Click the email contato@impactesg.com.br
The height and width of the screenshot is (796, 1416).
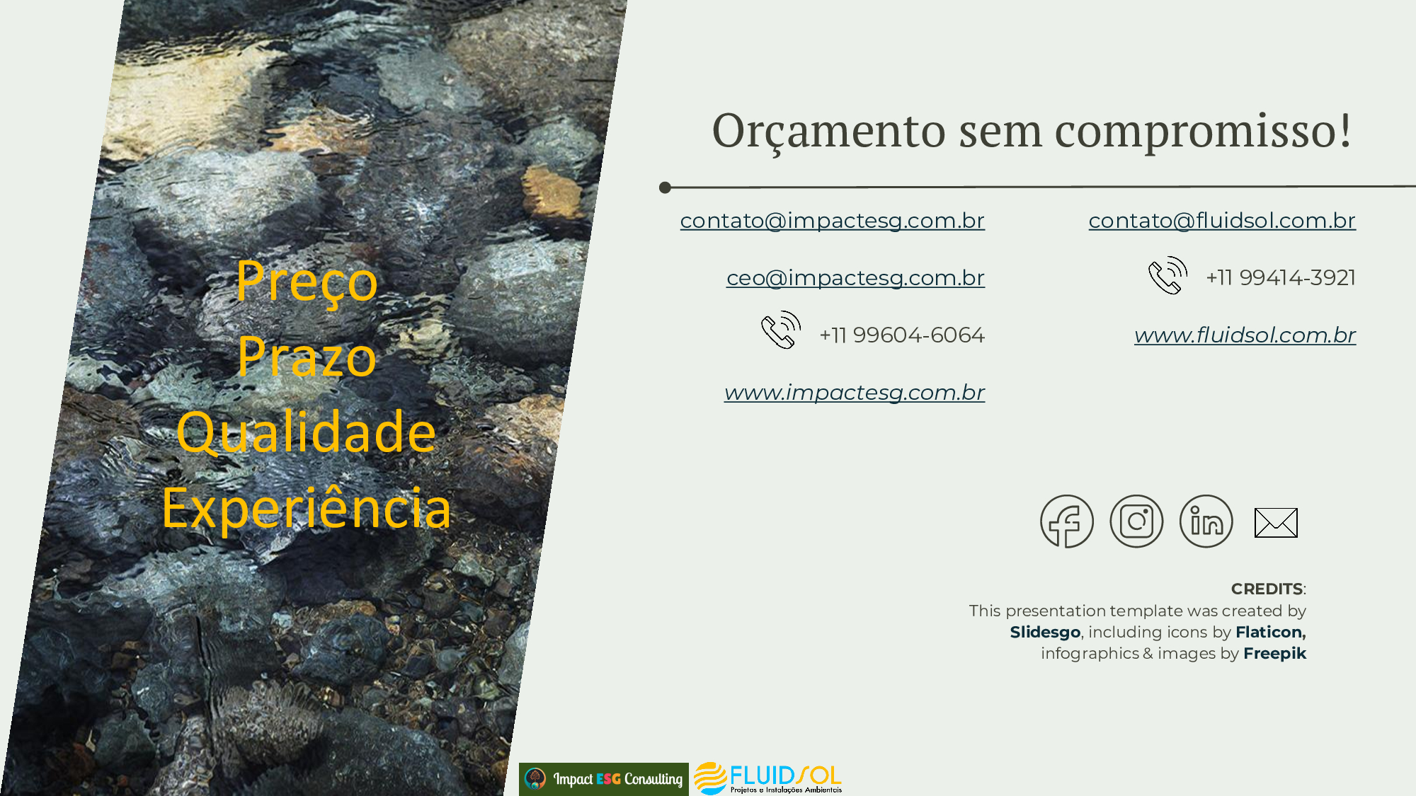(832, 221)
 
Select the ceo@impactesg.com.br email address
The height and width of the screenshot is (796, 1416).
(855, 278)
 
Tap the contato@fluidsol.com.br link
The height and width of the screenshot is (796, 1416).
(1222, 221)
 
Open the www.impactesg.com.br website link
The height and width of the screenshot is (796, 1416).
(855, 393)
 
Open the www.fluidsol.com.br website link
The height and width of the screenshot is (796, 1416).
(1245, 335)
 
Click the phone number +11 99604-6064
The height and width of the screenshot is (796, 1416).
(902, 335)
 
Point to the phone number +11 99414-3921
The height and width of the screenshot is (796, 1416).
(1281, 277)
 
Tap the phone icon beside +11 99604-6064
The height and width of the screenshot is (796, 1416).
(781, 330)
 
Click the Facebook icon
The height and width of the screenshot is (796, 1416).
(1067, 521)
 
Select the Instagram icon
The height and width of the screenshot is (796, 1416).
(1136, 521)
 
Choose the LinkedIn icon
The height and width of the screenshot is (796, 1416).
(1206, 521)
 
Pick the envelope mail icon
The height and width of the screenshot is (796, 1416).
(1276, 523)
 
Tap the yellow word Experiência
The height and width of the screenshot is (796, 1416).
(307, 507)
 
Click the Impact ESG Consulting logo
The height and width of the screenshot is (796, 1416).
(604, 779)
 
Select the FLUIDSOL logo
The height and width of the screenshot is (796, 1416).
(768, 778)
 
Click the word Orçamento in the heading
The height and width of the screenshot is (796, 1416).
(829, 132)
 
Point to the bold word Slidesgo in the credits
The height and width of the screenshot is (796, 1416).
(1045, 632)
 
